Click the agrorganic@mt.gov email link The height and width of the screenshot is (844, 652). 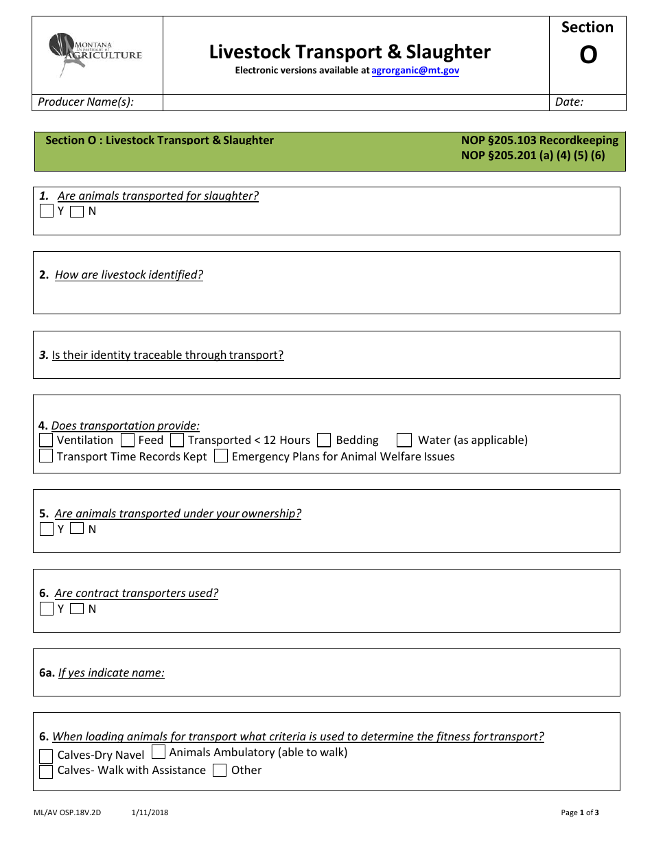tap(415, 70)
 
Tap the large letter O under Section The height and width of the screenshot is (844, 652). tap(588, 55)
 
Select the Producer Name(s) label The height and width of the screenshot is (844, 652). tap(86, 102)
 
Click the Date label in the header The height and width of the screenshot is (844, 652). tap(569, 102)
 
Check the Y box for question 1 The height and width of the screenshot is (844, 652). tap(47, 211)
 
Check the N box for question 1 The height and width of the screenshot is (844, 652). tap(77, 211)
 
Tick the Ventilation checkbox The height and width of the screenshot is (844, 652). tap(46, 440)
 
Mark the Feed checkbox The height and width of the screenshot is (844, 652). tap(128, 440)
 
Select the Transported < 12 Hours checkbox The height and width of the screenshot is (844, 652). tap(177, 440)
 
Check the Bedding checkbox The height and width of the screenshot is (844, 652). tap(325, 440)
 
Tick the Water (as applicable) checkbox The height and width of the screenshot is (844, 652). tap(405, 440)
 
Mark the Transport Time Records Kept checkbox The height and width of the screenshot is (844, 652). tap(46, 456)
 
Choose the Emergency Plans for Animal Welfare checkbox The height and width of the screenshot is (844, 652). tap(221, 456)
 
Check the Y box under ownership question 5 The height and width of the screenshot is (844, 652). tap(47, 529)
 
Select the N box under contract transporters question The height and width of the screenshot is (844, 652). tap(77, 609)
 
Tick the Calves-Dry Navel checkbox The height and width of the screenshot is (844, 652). tap(46, 755)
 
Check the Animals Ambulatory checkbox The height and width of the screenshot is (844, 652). tap(159, 752)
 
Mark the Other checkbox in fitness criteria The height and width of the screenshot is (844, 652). tap(220, 770)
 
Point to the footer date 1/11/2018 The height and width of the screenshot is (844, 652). tap(150, 813)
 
